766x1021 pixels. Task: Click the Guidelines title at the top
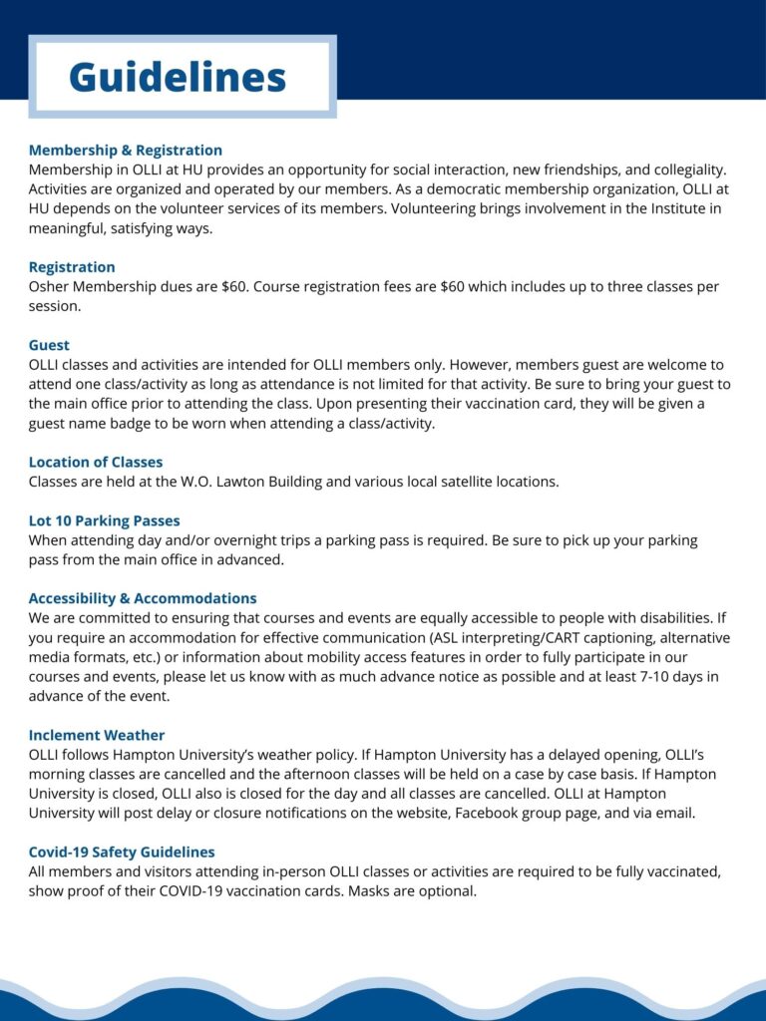tap(178, 77)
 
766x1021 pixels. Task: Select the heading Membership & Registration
tap(125, 151)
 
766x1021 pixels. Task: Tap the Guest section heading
tap(49, 345)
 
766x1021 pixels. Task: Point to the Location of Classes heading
tap(96, 462)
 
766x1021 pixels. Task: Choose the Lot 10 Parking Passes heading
tap(104, 520)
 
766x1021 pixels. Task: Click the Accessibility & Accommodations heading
tap(143, 598)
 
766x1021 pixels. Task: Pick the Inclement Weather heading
tap(97, 735)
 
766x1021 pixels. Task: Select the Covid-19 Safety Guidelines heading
tap(122, 852)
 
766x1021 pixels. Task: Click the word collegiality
tap(685, 170)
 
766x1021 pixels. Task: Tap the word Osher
tap(50, 286)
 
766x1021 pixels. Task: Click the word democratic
tap(464, 189)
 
